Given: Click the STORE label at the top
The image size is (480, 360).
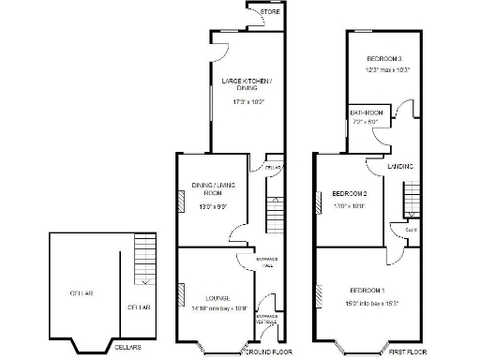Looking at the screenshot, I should [270, 11].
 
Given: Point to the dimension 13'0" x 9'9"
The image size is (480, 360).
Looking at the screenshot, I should [211, 207].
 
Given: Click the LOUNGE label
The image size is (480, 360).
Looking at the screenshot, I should [204, 298].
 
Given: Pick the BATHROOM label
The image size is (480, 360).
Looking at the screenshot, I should [367, 112].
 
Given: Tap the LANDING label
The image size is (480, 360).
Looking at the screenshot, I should [401, 166].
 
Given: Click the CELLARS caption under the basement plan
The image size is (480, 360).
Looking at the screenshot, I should [128, 347].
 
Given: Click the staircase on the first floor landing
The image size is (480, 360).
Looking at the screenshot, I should [410, 201].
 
